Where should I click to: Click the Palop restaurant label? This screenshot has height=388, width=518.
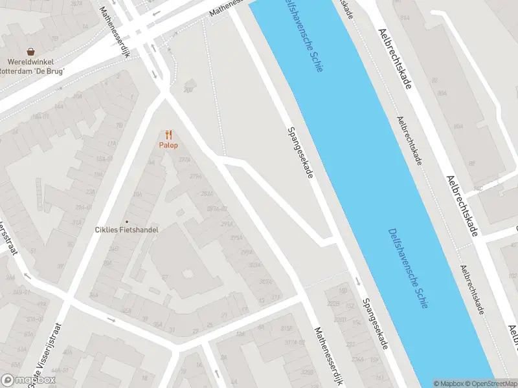point(168,145)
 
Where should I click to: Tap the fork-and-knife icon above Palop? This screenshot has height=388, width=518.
point(168,135)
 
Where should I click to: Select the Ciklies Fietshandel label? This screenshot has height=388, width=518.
point(126,229)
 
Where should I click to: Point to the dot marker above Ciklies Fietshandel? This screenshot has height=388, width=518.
point(126,221)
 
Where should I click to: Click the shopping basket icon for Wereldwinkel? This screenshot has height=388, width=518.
point(30,51)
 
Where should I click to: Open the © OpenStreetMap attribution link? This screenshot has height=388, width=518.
point(490,383)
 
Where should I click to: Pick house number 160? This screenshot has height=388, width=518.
point(344,290)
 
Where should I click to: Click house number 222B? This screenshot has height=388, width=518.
point(333,303)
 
